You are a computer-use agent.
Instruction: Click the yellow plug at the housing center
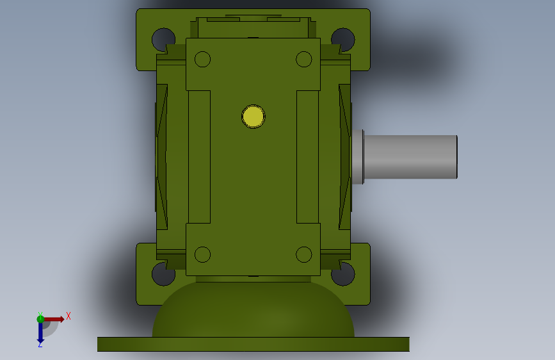[x=253, y=117]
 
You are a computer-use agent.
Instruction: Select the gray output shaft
[x=410, y=156]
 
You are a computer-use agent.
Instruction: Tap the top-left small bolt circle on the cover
[x=202, y=59]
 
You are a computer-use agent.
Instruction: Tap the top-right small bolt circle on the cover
[x=303, y=59]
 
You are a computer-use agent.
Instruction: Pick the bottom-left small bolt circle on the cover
[x=202, y=254]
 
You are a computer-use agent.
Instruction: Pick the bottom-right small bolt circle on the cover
[x=303, y=254]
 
